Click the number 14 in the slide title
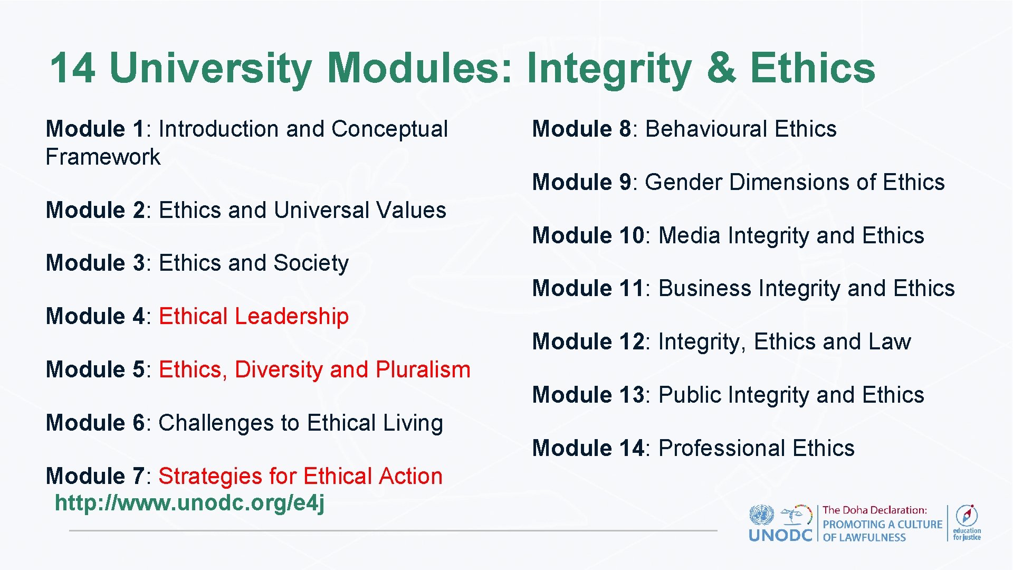pos(73,68)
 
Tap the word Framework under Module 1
pos(103,157)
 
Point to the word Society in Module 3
pos(311,263)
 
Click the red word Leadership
pos(291,317)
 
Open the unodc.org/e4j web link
pos(189,503)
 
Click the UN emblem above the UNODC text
pos(761,515)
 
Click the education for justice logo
pos(967,522)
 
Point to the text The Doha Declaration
pos(874,510)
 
